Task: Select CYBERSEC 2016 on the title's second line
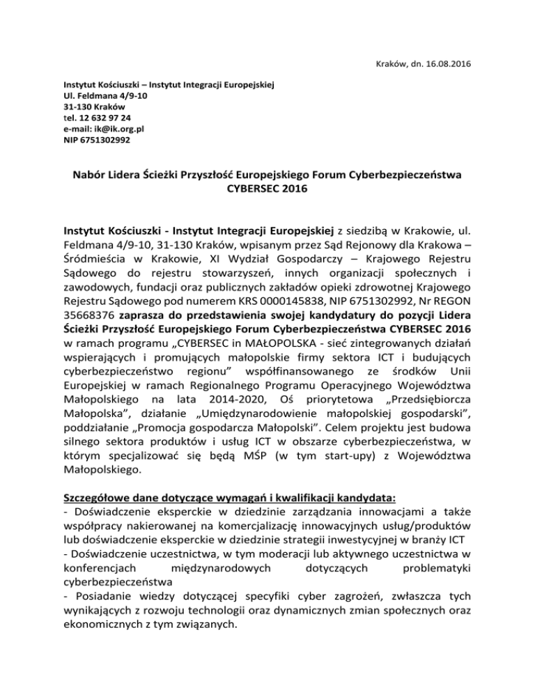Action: pos(267,189)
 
